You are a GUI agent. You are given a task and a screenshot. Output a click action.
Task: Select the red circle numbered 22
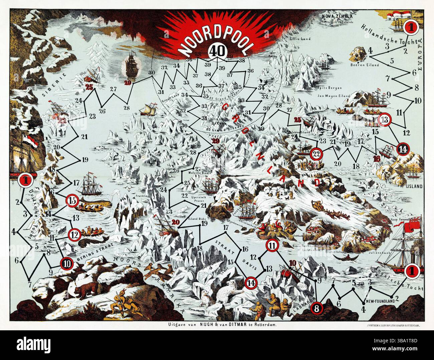pyautogui.click(x=316, y=154)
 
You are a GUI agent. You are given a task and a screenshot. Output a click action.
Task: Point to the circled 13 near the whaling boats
pyautogui.click(x=385, y=120)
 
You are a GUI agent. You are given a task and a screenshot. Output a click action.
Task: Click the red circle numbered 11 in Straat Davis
pyautogui.click(x=272, y=246)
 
